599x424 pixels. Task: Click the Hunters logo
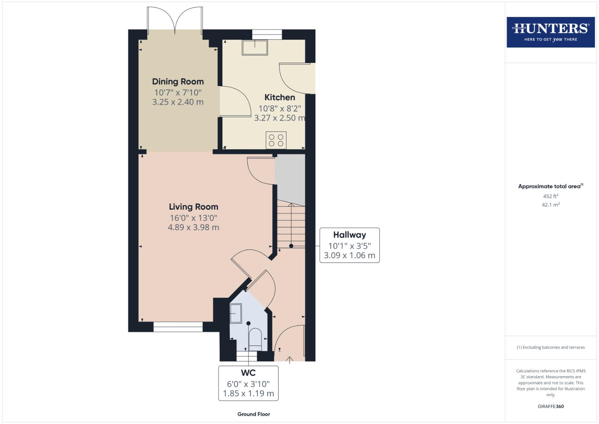(551, 32)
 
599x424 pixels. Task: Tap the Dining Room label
(178, 81)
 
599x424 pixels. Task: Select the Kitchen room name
(280, 97)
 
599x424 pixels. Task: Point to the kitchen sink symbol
(255, 48)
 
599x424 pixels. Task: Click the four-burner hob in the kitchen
(276, 140)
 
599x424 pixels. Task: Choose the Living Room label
(194, 207)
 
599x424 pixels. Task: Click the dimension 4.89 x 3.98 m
(193, 227)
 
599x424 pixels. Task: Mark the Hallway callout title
(350, 235)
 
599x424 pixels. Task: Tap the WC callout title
(248, 373)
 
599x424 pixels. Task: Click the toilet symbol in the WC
(255, 339)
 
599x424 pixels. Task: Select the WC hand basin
(236, 313)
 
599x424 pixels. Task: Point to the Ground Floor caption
(254, 414)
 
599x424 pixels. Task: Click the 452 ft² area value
(551, 196)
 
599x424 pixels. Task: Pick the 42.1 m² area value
(551, 205)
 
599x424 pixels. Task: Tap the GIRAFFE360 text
(551, 406)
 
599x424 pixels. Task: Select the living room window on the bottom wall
(178, 327)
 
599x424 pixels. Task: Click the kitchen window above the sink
(267, 35)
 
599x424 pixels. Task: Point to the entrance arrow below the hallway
(289, 360)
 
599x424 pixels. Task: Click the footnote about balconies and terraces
(551, 347)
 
